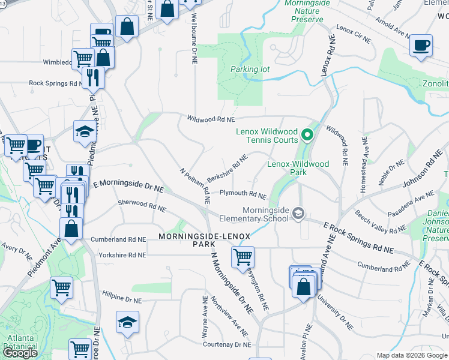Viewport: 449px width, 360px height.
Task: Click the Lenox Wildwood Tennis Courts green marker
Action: click(x=307, y=134)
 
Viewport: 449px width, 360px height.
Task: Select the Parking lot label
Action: click(x=250, y=69)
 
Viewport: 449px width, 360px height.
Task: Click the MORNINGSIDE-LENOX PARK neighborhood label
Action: click(x=203, y=241)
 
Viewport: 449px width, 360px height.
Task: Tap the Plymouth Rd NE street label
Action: click(x=243, y=194)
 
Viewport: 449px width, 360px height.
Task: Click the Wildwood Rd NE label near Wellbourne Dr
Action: click(x=209, y=119)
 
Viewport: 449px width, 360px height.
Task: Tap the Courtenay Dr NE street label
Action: click(x=228, y=345)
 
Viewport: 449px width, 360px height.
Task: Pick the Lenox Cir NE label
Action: click(x=354, y=34)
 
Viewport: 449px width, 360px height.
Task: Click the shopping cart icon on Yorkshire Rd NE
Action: click(x=243, y=257)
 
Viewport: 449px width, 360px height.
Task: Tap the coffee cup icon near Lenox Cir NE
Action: click(x=421, y=45)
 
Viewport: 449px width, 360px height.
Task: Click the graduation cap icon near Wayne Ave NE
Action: click(x=127, y=323)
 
